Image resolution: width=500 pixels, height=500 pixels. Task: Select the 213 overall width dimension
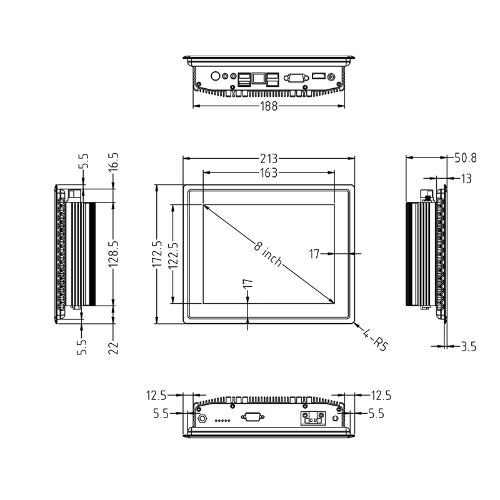pos(269,158)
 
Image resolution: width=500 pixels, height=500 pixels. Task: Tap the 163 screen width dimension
pos(268,173)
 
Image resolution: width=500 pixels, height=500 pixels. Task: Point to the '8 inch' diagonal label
pos(268,253)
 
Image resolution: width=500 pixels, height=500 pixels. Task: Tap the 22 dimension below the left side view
pos(114,347)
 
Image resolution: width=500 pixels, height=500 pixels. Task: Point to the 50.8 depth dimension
pos(466,158)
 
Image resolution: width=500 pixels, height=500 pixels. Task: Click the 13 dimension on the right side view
pos(466,179)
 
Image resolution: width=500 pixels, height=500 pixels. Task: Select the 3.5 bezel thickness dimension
pos(468,346)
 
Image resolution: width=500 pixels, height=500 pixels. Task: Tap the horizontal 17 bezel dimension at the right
pos(314,254)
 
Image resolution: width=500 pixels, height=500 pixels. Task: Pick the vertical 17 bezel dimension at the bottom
pos(247,287)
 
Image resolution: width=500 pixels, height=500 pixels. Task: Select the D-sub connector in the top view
pos(294,78)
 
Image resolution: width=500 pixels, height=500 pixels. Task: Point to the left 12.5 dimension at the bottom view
pos(156,396)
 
